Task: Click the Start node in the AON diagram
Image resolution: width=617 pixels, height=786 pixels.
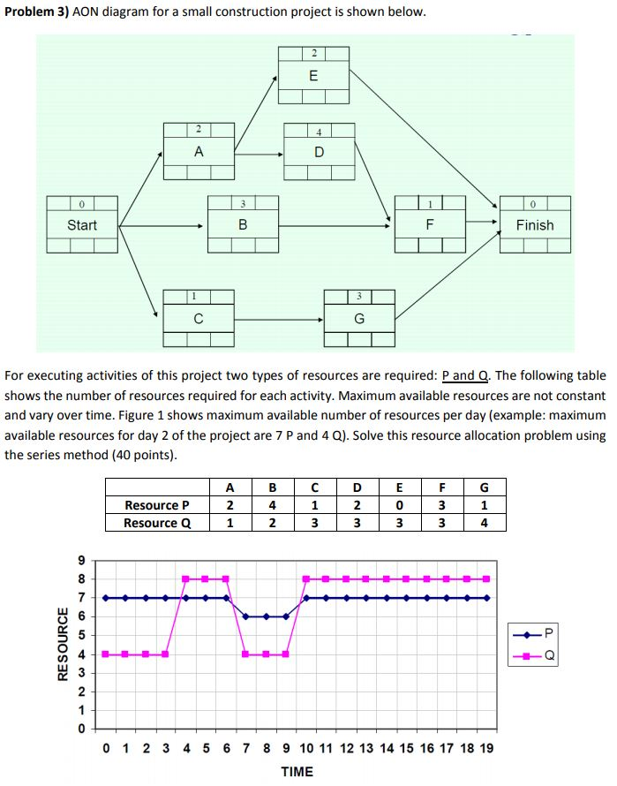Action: coord(82,225)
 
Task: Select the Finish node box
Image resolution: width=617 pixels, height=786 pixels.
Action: coord(535,225)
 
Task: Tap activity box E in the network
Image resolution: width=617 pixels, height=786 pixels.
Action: coord(313,76)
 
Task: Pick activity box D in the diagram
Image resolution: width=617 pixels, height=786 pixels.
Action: coord(319,152)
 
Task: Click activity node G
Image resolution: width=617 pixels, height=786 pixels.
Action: coord(359,318)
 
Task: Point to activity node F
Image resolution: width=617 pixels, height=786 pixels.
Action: coord(429,225)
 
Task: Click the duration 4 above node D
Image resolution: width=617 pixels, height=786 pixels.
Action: coord(319,132)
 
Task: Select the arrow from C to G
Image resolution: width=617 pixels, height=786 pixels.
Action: coord(279,318)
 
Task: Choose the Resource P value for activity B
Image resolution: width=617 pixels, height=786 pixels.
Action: coord(273,505)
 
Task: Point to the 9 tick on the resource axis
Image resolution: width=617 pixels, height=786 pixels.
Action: coord(82,560)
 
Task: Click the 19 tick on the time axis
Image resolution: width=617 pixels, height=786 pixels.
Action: coord(486,749)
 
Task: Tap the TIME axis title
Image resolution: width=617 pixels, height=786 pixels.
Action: coord(297,771)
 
